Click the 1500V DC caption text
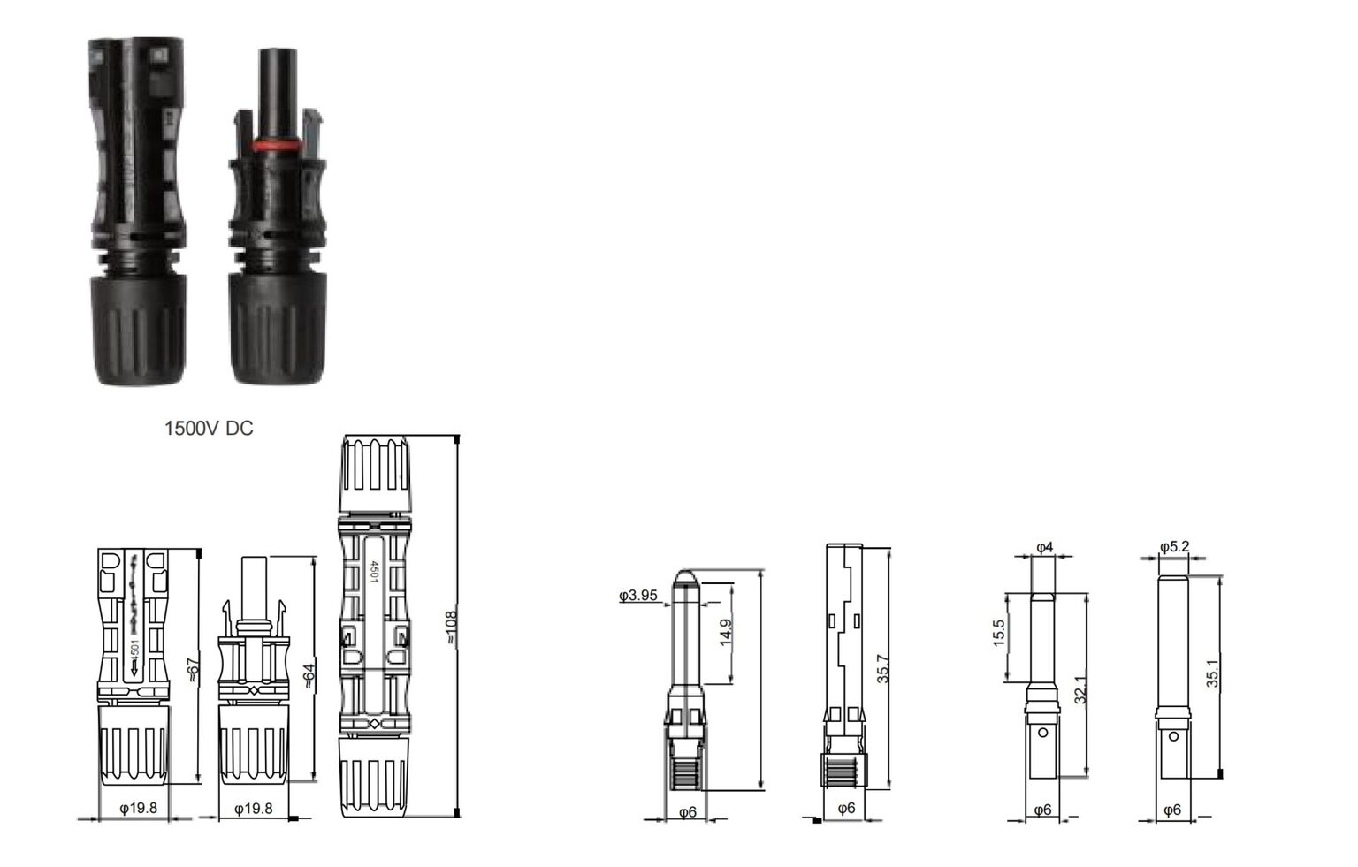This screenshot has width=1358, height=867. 209,429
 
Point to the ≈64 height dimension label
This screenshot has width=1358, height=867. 308,677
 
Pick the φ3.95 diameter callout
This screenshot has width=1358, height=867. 638,596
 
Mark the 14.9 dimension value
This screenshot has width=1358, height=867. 726,633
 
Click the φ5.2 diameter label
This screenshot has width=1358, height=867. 1174,546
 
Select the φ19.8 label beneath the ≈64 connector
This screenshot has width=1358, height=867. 253,808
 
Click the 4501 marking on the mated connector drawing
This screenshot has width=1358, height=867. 374,573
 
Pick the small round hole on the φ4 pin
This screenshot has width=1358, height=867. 1043,732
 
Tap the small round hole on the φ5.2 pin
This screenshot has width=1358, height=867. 1173,736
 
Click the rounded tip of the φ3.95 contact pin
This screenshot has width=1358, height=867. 685,578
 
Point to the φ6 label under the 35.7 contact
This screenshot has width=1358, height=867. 846,808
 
